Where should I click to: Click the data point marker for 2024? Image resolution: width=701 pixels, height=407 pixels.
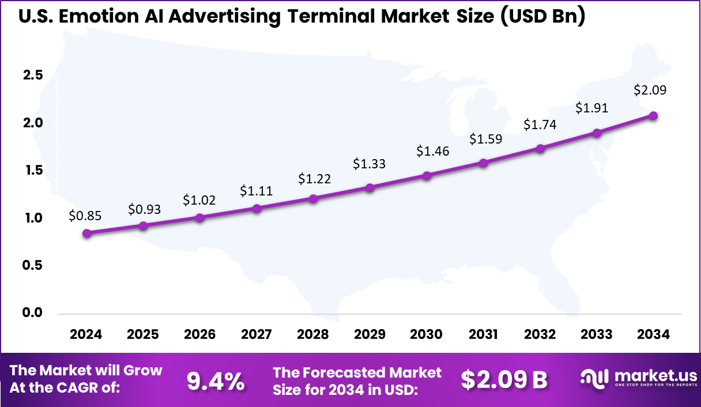pyautogui.click(x=86, y=233)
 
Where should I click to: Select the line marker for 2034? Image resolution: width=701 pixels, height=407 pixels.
pyautogui.click(x=653, y=115)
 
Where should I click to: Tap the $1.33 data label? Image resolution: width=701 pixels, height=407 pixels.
pyautogui.click(x=370, y=164)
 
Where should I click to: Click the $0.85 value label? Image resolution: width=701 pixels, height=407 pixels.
pyautogui.click(x=86, y=216)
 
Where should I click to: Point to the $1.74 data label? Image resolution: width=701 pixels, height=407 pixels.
pyautogui.click(x=540, y=125)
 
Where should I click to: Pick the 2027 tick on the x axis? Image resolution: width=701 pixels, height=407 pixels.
pyautogui.click(x=257, y=335)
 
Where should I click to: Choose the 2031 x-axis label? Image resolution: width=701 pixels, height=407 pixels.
pyautogui.click(x=483, y=335)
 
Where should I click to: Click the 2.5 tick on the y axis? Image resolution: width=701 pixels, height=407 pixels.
pyautogui.click(x=32, y=76)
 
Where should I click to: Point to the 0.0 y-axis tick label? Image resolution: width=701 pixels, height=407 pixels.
pyautogui.click(x=32, y=312)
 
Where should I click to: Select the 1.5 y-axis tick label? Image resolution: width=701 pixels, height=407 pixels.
pyautogui.click(x=32, y=171)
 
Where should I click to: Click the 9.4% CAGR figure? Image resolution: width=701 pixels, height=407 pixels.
pyautogui.click(x=216, y=380)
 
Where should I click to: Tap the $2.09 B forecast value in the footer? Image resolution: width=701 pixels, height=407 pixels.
pyautogui.click(x=504, y=380)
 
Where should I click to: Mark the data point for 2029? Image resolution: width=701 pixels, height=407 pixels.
pyautogui.click(x=370, y=187)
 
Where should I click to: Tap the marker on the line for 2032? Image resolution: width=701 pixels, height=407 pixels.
pyautogui.click(x=540, y=148)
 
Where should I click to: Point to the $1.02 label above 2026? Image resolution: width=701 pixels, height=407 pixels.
pyautogui.click(x=200, y=199)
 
